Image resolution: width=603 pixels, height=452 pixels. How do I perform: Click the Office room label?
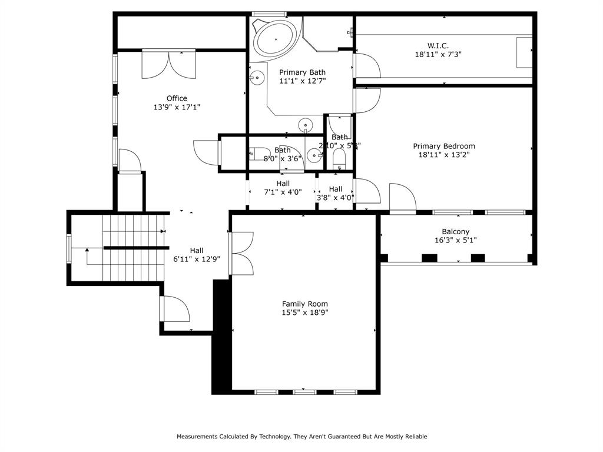[x=177, y=98]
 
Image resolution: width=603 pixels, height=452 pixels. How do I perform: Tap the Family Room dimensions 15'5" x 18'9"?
[x=304, y=313]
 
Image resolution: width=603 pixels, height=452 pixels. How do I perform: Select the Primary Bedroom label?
[x=444, y=146]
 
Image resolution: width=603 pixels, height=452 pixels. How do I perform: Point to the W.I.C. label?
[x=438, y=45]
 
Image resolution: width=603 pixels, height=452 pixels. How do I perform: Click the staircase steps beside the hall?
[x=132, y=247]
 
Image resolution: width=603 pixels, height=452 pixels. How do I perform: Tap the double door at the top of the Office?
[x=168, y=64]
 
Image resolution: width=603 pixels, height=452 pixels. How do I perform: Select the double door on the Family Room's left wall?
[x=242, y=253]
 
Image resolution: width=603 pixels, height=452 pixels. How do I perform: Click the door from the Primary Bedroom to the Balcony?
[x=402, y=198]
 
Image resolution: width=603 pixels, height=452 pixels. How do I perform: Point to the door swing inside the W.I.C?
[x=367, y=65]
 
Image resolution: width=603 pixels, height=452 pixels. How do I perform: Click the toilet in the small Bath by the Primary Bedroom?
[x=339, y=158]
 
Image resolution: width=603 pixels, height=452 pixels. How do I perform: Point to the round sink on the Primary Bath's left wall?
[x=257, y=78]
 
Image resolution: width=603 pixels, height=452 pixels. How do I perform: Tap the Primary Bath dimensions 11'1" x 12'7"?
[x=302, y=81]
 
